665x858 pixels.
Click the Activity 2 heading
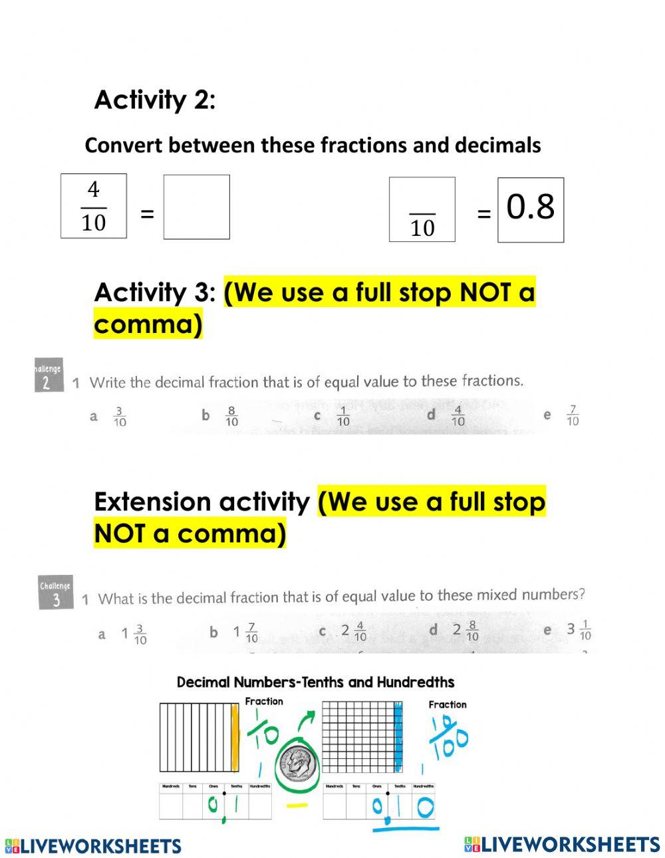(154, 100)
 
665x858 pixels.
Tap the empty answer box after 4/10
(196, 207)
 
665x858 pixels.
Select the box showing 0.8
(530, 209)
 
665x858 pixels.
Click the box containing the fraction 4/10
(94, 206)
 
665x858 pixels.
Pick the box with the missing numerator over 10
(422, 209)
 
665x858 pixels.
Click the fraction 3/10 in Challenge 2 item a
(120, 417)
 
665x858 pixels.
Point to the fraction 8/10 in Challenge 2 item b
(231, 417)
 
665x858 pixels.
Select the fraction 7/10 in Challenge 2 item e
(573, 416)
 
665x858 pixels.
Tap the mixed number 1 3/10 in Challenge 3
(134, 633)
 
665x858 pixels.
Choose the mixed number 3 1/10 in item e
(579, 629)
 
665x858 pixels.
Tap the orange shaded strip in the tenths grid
(234, 737)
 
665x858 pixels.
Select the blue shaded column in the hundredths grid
(398, 736)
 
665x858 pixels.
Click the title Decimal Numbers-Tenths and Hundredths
(315, 682)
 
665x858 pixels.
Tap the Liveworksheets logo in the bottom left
(93, 845)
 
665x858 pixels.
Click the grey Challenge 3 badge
(55, 592)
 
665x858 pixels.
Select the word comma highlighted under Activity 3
(148, 324)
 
